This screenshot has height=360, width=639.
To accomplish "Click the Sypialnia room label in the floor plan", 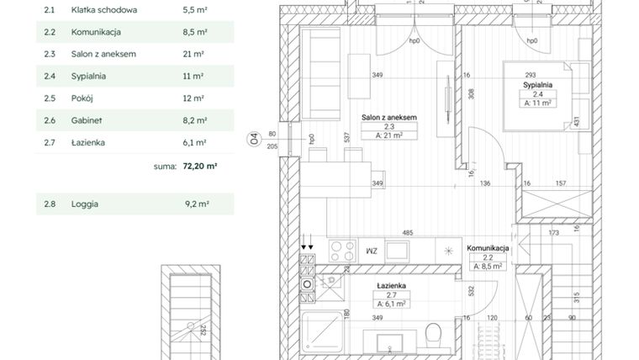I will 537,85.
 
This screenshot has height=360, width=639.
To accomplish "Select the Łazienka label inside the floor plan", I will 390,285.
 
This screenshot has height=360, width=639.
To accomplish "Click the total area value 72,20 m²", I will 199,167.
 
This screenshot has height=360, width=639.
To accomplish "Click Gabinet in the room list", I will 87,120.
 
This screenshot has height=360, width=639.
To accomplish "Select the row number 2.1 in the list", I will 49,10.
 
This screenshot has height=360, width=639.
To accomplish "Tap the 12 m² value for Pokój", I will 193,98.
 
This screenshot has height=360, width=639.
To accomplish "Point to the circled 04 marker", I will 253,139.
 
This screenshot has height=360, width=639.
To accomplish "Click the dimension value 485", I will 407,232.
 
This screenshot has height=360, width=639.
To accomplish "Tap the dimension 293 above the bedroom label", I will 531,75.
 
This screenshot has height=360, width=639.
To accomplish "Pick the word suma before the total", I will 164,167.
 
